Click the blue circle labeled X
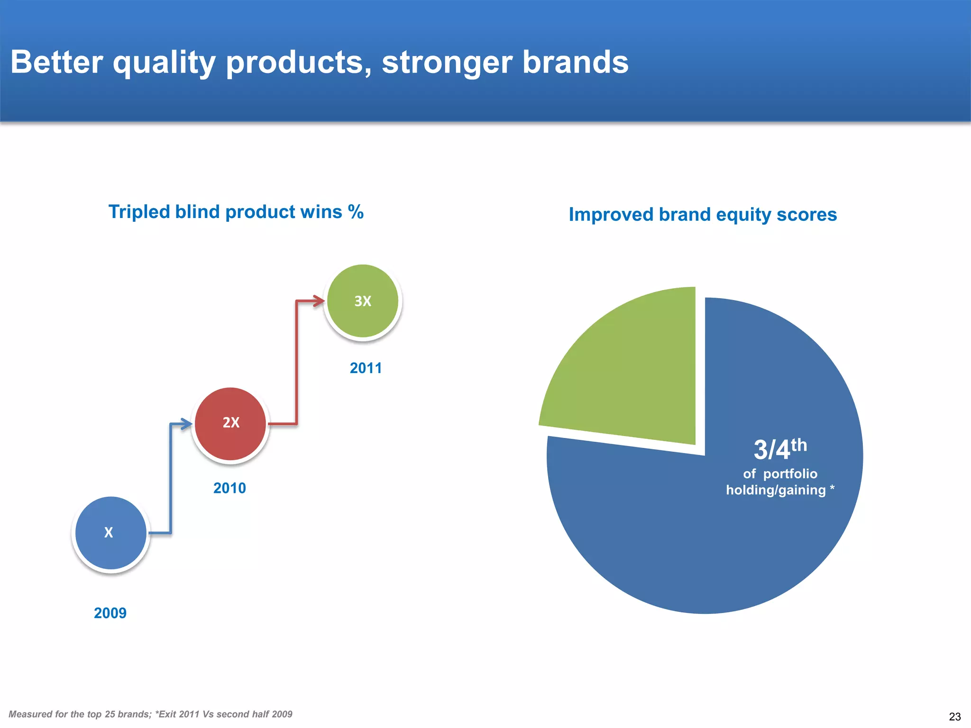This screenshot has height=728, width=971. [110, 533]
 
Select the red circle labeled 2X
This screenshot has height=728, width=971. [230, 423]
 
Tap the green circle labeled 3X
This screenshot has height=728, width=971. [363, 301]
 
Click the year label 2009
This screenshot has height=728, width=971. [110, 613]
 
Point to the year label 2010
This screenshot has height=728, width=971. [229, 488]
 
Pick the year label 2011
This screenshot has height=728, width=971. [366, 368]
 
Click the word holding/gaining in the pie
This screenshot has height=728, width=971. [776, 490]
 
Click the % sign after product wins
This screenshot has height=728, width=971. [356, 211]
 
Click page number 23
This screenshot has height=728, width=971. [954, 716]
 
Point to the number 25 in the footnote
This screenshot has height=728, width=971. [110, 714]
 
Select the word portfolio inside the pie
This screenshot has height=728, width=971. [790, 473]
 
